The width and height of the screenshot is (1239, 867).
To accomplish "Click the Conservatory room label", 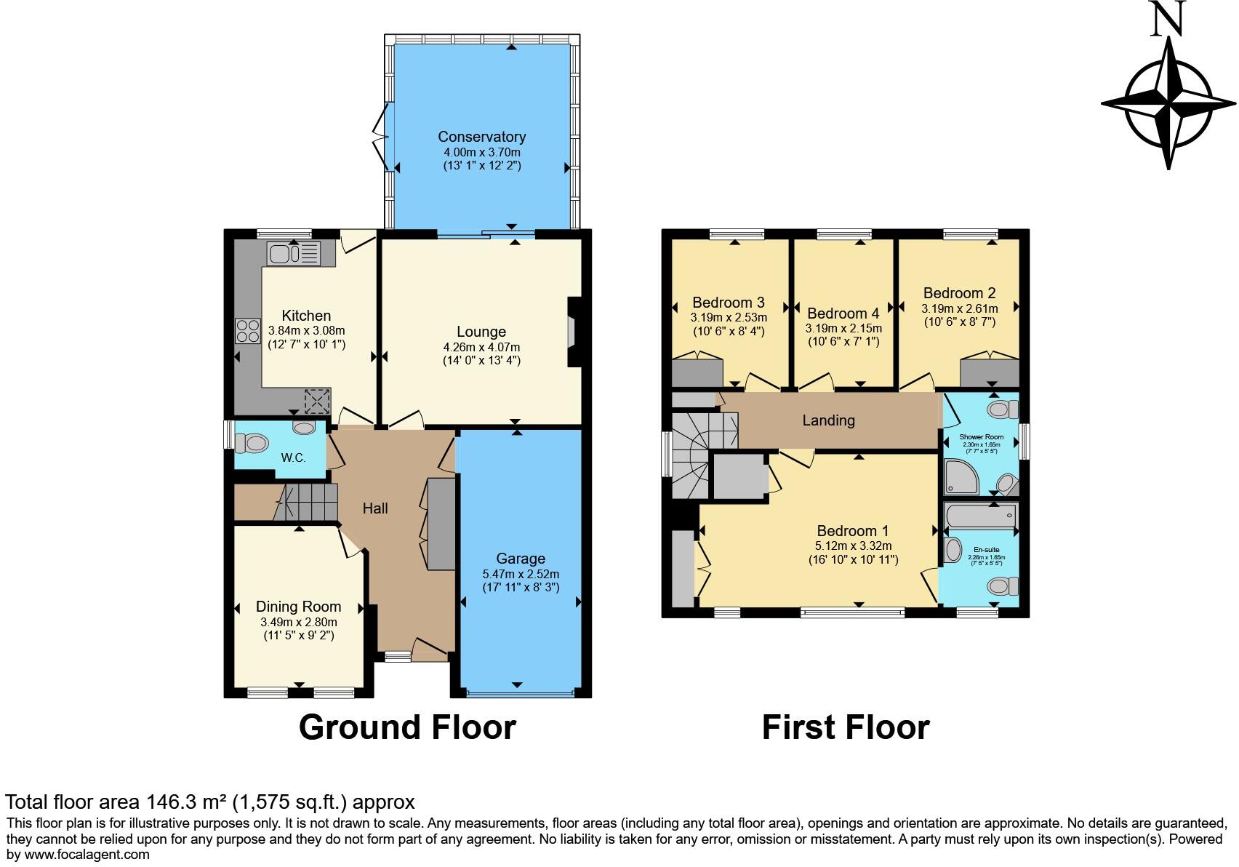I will coord(481,137).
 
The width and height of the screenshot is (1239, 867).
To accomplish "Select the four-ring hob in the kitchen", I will coord(248,331).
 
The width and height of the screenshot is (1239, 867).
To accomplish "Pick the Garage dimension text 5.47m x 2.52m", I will coord(521,574).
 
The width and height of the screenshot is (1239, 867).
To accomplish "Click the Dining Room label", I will coord(298,607).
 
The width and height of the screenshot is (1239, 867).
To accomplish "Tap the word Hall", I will coord(375,508).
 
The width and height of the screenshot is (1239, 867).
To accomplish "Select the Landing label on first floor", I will coord(828,420).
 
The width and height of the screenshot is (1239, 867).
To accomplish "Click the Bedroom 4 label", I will coord(843,313).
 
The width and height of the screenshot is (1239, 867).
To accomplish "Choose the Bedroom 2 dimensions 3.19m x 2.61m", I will coord(959,308).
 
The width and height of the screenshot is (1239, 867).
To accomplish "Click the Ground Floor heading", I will coord(407,727).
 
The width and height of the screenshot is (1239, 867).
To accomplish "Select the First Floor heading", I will coord(845,727).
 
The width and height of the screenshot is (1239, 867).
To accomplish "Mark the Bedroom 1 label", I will coord(852,531).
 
